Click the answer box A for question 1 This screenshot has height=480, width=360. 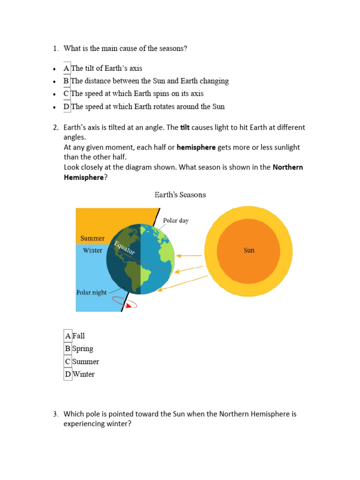[x=67, y=68]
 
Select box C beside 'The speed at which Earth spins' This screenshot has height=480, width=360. [x=67, y=94]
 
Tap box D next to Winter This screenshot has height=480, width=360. [x=68, y=374]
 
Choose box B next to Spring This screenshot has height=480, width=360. [x=68, y=349]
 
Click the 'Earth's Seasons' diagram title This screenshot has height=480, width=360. [x=180, y=195]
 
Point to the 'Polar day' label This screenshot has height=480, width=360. [x=176, y=220]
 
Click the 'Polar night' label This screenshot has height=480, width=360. [x=91, y=292]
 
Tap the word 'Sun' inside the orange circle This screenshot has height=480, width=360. [x=249, y=250]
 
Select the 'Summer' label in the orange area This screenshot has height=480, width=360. [x=92, y=238]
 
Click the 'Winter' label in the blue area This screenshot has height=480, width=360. [x=92, y=250]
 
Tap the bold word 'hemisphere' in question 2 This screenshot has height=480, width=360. [x=196, y=147]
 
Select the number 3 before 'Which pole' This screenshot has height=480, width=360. [x=55, y=414]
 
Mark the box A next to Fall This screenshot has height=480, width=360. [x=68, y=336]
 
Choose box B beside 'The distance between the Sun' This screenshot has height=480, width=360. [x=67, y=81]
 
